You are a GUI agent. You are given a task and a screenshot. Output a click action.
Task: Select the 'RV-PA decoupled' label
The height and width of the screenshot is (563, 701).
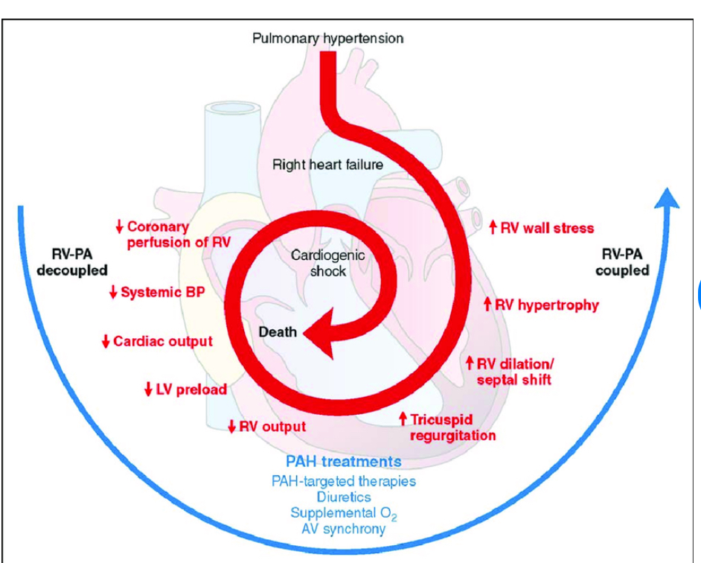click(x=71, y=262)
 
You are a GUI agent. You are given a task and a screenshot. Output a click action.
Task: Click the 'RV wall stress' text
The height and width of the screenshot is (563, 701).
click(x=547, y=228)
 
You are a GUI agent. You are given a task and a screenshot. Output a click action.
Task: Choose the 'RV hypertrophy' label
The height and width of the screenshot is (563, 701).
click(x=547, y=305)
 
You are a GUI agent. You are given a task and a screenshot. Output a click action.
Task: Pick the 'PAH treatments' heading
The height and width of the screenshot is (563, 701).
click(x=343, y=462)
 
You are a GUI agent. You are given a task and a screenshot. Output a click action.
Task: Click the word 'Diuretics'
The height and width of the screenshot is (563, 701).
click(x=343, y=496)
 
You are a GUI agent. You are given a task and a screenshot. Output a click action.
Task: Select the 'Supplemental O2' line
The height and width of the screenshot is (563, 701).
click(x=343, y=513)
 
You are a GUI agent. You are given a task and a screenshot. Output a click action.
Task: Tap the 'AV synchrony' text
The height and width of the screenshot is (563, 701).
click(x=343, y=529)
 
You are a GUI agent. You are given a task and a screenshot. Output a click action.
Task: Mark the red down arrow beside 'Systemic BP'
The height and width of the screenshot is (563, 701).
click(x=113, y=293)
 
